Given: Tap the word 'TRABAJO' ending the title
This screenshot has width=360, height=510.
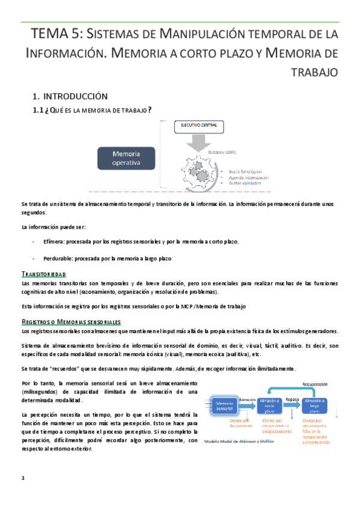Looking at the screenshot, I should (316, 72).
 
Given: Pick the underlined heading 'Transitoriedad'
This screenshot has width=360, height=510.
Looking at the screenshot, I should (43, 274).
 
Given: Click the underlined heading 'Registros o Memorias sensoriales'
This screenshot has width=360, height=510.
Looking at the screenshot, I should (71, 322).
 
